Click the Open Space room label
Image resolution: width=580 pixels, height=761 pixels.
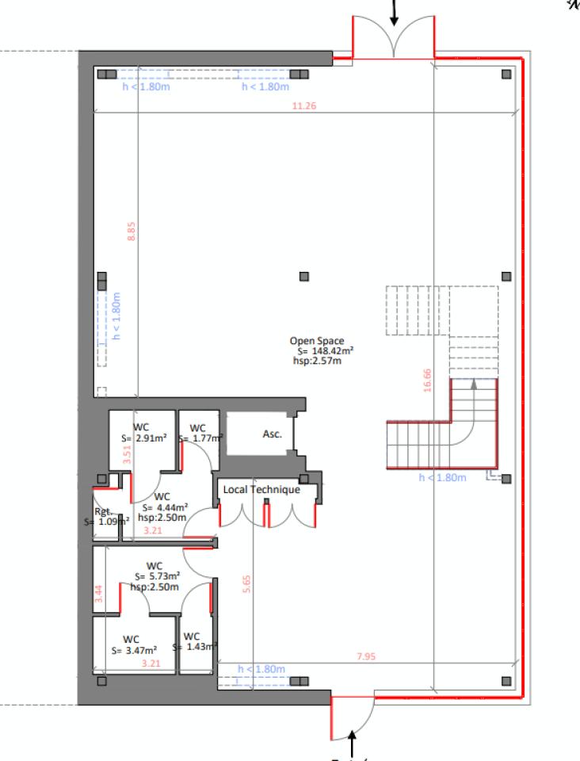tap(316, 342)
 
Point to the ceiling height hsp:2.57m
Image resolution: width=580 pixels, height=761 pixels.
tap(317, 361)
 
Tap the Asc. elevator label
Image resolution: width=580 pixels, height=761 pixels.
tap(272, 434)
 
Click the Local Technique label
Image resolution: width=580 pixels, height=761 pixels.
tap(261, 490)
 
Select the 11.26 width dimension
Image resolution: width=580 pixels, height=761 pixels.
tap(303, 106)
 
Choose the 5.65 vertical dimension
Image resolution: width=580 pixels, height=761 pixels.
tap(246, 583)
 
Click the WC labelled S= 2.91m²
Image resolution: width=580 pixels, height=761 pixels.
tap(143, 432)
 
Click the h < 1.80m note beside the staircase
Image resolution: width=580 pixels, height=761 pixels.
tap(442, 478)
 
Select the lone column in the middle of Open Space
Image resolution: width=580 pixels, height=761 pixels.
tap(303, 276)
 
